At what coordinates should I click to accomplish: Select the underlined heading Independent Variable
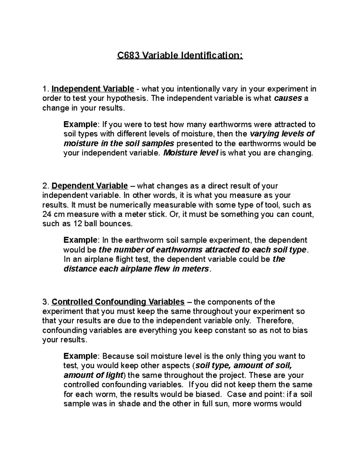[93, 89]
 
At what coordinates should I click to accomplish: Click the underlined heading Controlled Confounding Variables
[118, 302]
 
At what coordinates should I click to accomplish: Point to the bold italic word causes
[288, 98]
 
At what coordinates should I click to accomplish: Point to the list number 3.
[45, 302]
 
